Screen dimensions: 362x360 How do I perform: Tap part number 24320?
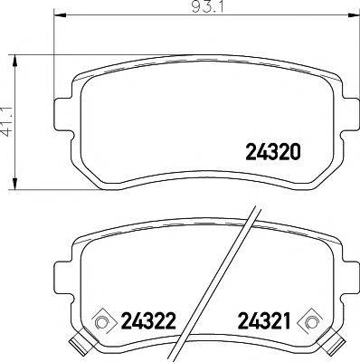click(273, 154)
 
